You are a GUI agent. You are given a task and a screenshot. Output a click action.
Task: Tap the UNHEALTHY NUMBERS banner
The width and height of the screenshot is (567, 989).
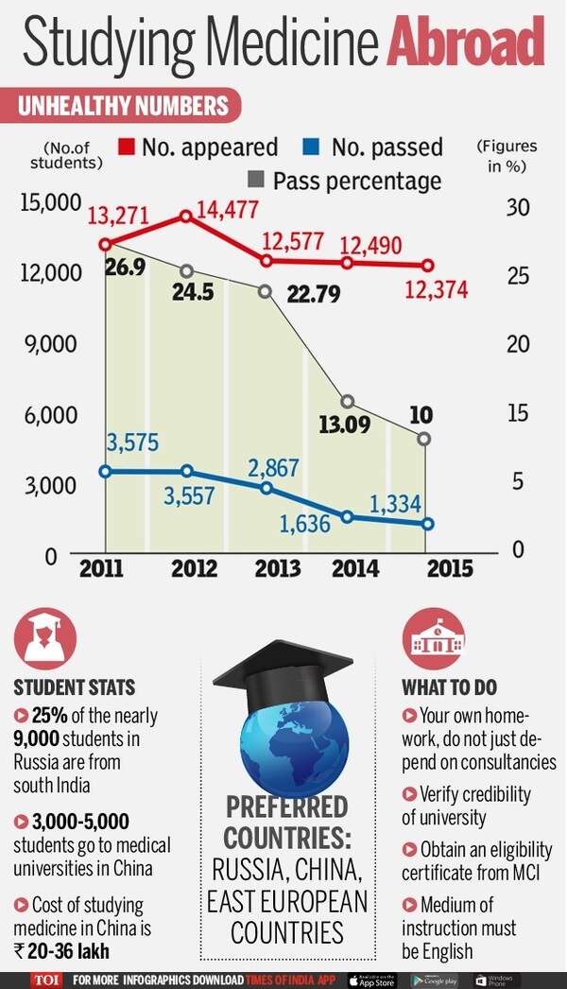(123, 105)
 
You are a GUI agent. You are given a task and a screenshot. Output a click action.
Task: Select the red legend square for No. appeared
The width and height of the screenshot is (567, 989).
(127, 147)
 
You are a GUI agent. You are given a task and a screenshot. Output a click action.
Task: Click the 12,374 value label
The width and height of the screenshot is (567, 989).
(436, 290)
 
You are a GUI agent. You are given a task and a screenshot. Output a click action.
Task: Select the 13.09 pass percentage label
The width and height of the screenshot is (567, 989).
(343, 425)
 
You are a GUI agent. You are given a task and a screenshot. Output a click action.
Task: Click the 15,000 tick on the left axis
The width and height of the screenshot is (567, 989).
(47, 202)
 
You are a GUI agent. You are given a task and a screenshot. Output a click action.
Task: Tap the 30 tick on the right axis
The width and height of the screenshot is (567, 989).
(517, 206)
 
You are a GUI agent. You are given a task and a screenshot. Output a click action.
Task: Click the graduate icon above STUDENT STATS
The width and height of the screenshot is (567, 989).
(44, 638)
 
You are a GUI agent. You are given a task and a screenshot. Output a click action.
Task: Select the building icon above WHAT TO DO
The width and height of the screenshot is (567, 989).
(434, 638)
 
